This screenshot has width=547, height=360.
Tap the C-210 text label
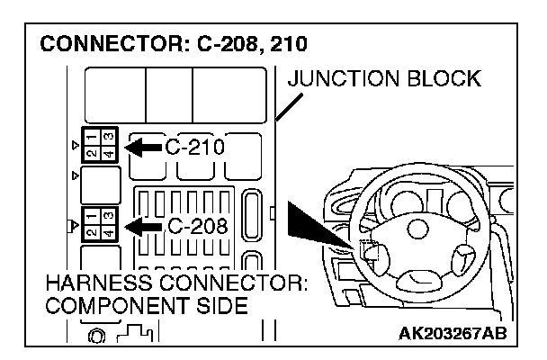pos(193,146)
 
